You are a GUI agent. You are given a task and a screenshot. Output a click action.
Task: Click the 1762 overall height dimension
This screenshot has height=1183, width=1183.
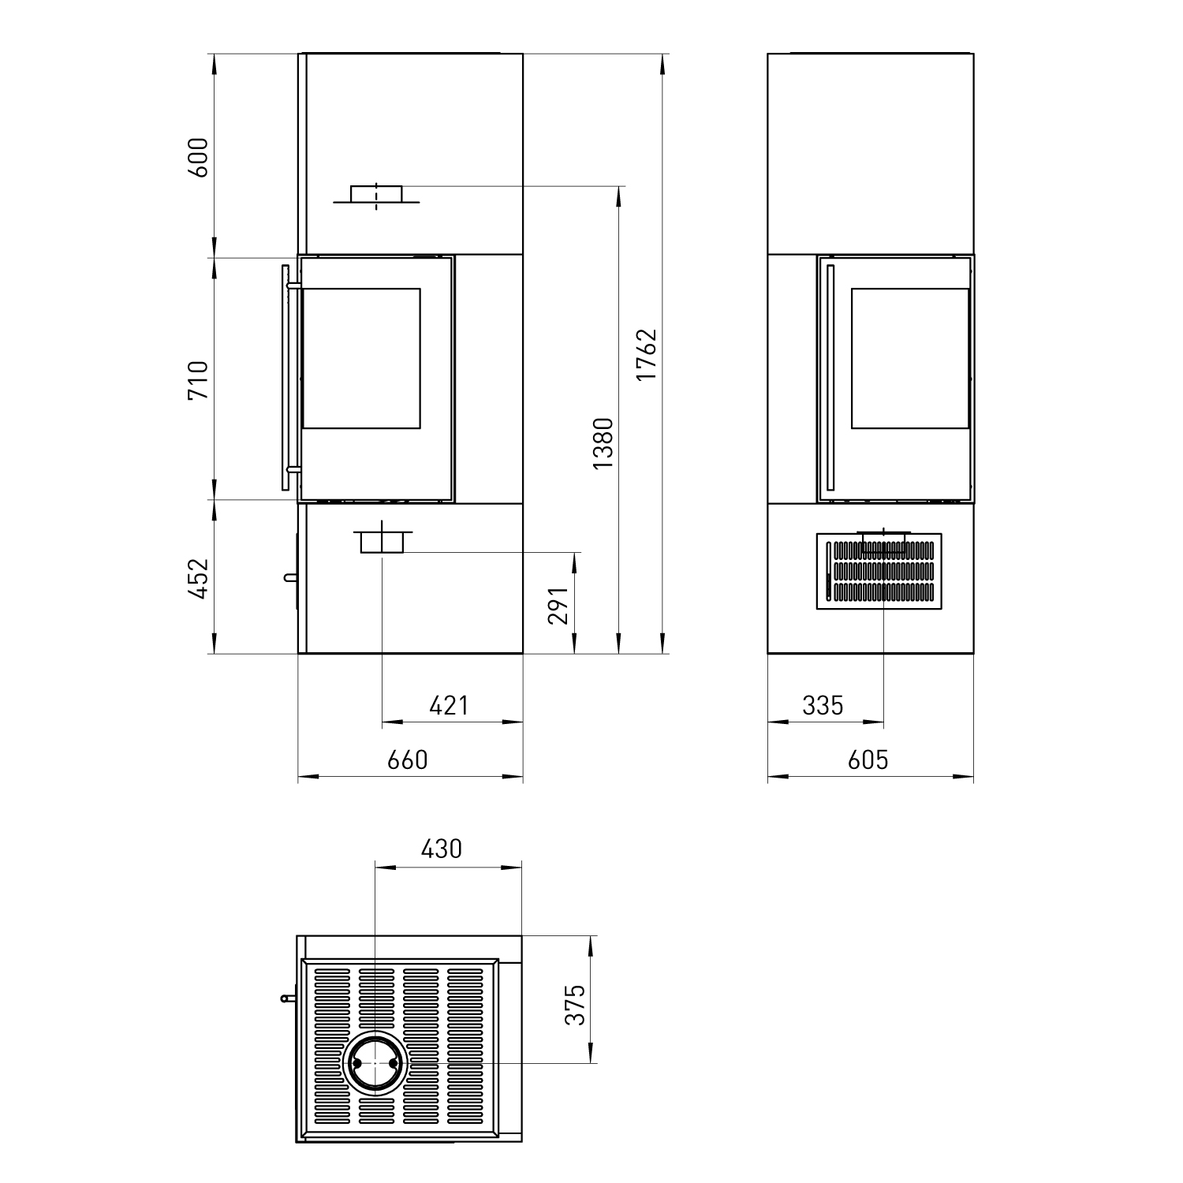pos(647,354)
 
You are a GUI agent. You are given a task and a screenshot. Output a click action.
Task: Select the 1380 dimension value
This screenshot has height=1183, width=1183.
pos(603,443)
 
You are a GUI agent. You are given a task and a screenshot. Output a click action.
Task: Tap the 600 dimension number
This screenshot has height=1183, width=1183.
pos(198,157)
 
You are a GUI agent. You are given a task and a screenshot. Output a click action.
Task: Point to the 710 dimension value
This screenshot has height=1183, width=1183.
pos(198,379)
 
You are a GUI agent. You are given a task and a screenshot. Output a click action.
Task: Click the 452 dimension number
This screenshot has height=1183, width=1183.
pos(198,578)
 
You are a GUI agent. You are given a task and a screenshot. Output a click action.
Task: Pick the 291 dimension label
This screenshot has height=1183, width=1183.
pos(558,605)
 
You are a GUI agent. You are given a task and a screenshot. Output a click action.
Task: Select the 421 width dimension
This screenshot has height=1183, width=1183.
pos(449,704)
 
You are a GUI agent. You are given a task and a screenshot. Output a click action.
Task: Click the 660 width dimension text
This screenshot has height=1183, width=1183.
pos(408,759)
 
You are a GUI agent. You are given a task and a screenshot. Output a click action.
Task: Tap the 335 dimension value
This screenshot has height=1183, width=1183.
pos(823,704)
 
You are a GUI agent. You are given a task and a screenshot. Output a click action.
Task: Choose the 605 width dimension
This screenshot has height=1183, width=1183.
pos(868,759)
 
